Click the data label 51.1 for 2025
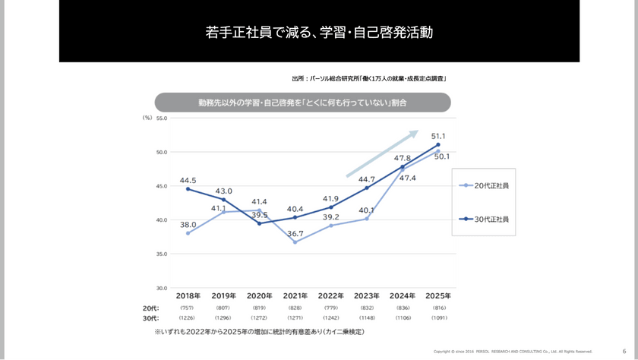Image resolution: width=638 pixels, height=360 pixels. pyautogui.click(x=438, y=136)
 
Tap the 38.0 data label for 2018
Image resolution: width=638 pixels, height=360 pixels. pyautogui.click(x=188, y=225)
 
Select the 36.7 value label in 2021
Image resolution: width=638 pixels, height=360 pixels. pyautogui.click(x=295, y=233)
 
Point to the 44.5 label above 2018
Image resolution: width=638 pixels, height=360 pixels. pyautogui.click(x=188, y=180)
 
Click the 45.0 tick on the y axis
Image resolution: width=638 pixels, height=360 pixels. pyautogui.click(x=161, y=186)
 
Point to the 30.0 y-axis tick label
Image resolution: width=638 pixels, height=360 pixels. pyautogui.click(x=161, y=289)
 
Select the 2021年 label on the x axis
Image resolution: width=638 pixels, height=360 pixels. pyautogui.click(x=295, y=296)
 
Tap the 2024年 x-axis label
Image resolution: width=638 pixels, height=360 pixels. pyautogui.click(x=403, y=296)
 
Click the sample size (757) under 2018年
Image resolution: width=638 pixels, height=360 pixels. pyautogui.click(x=187, y=308)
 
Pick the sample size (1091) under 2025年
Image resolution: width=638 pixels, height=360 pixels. pyautogui.click(x=439, y=317)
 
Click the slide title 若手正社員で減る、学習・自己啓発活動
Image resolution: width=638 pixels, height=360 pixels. pyautogui.click(x=319, y=33)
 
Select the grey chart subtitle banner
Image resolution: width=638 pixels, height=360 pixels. pyautogui.click(x=302, y=103)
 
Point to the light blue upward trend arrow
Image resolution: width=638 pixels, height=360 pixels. pyautogui.click(x=382, y=154)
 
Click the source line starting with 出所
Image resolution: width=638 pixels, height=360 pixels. pyautogui.click(x=369, y=78)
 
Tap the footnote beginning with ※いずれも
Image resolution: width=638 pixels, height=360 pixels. pyautogui.click(x=259, y=332)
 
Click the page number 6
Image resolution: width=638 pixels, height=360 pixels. pyautogui.click(x=624, y=351)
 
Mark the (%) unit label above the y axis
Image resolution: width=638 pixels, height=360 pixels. pyautogui.click(x=147, y=118)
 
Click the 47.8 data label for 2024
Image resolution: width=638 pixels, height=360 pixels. pyautogui.click(x=403, y=158)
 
